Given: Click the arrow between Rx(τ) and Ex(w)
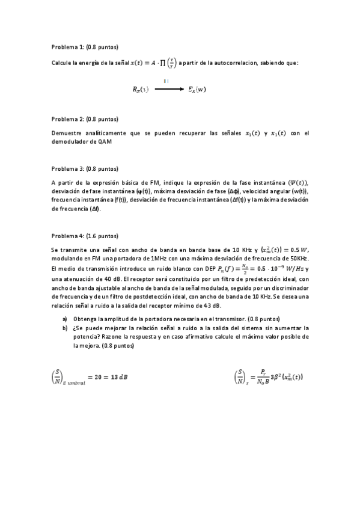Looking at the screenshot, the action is pos(169,89).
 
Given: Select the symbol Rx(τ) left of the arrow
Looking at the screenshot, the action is pos(141,90).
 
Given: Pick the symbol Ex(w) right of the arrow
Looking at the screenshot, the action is pos(197,90).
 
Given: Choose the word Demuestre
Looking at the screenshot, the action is pos(67,133).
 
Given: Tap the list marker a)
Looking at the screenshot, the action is pos(65,318).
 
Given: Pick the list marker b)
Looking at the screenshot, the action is pos(65,328).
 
